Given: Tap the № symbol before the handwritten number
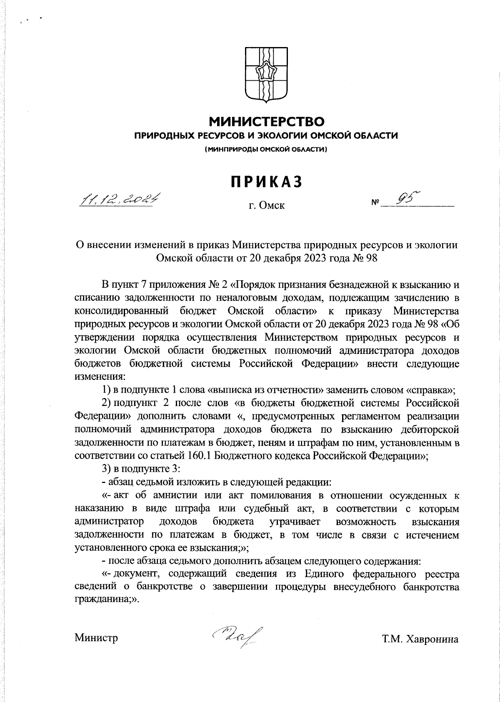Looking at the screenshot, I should tap(375, 204).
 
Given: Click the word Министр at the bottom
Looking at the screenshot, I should tap(96, 637).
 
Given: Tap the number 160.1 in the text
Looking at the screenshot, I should tap(200, 456).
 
